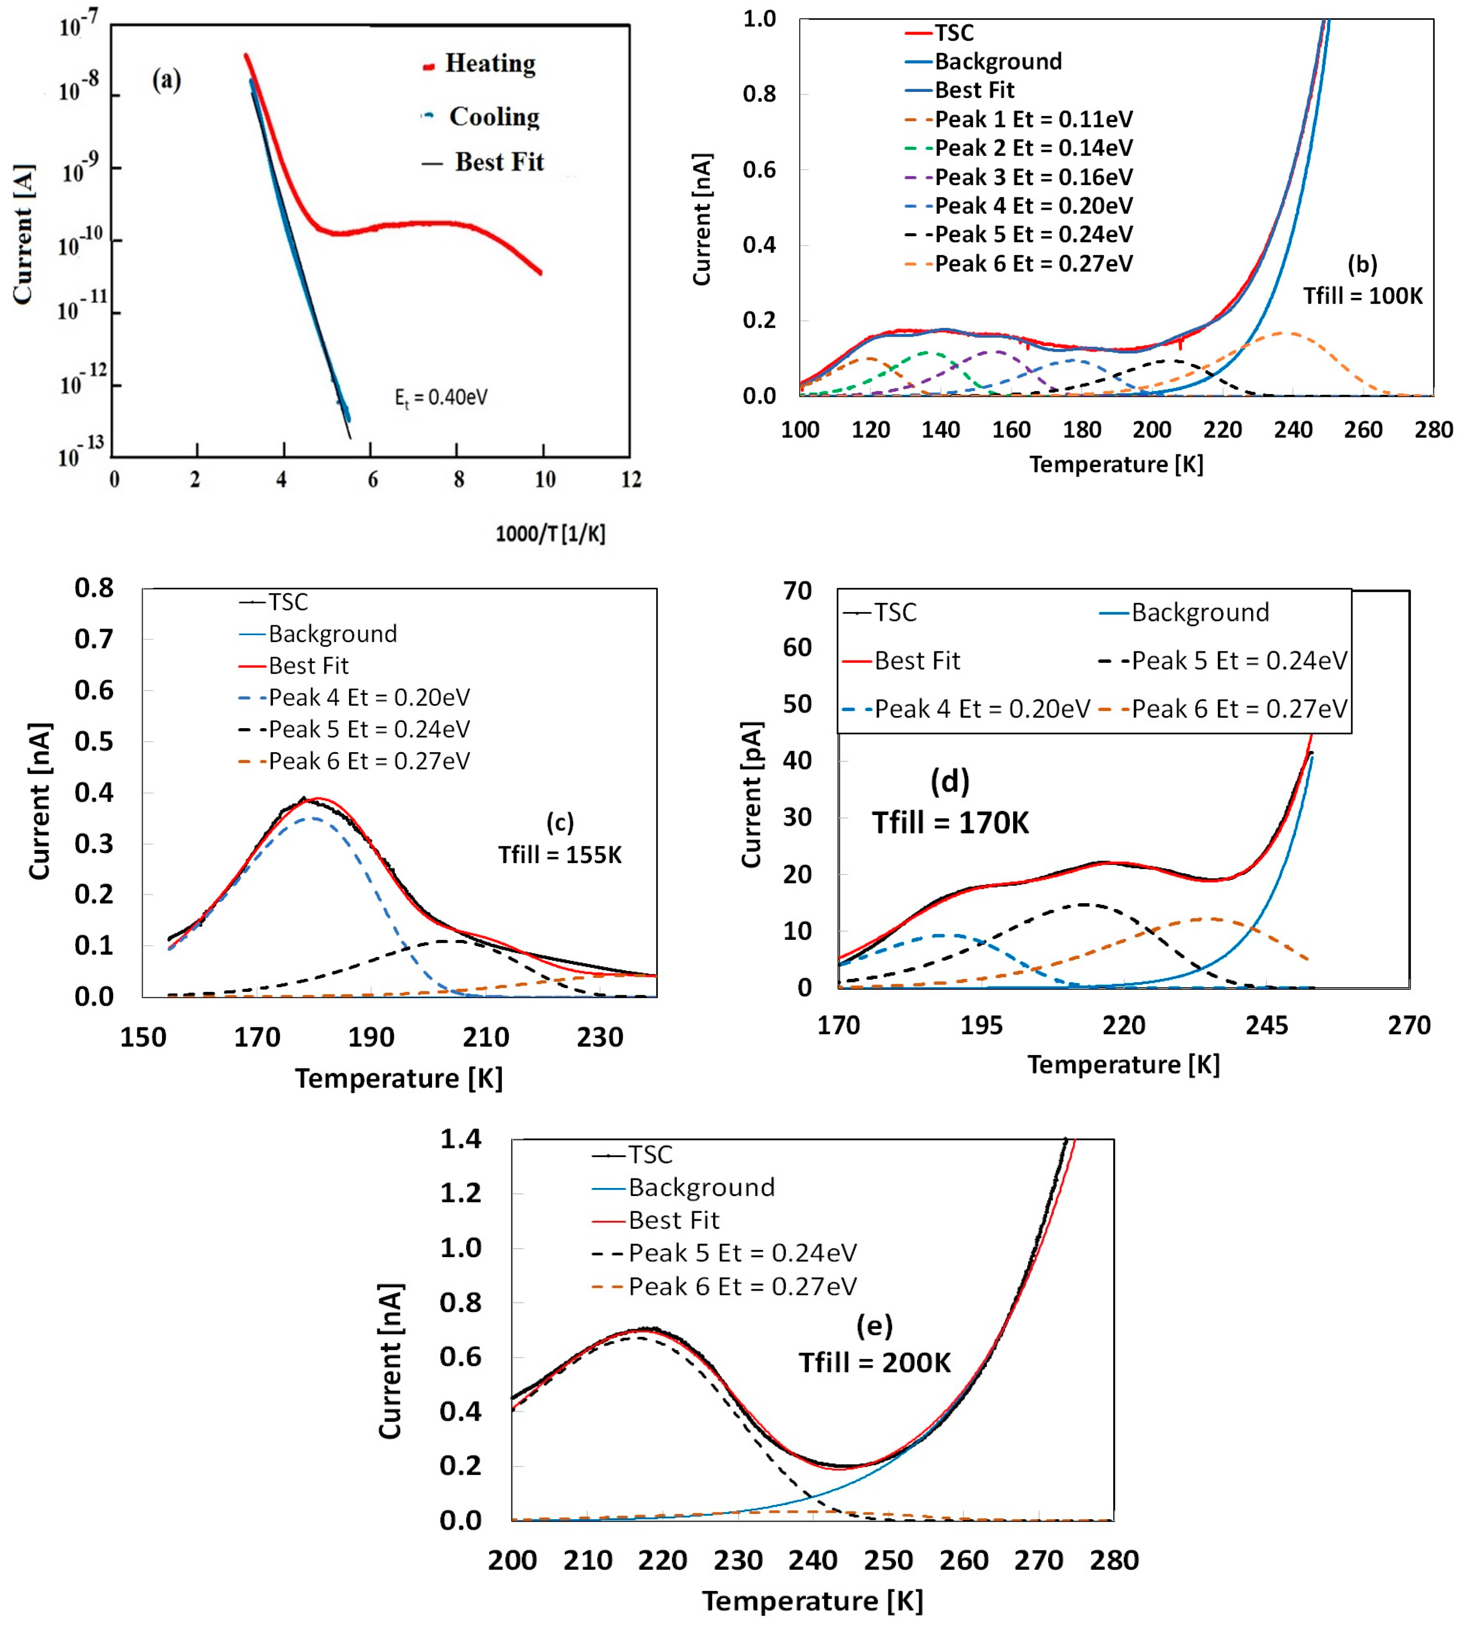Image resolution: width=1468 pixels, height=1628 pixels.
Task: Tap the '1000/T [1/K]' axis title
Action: coord(550,533)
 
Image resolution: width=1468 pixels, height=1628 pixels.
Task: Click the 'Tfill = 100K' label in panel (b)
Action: coord(1363,296)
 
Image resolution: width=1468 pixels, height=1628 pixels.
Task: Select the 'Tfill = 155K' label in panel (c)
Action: coord(560,855)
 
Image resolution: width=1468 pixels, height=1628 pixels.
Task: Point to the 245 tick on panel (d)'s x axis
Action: coord(1266,1026)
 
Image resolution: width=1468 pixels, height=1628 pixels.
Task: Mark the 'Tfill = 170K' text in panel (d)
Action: coord(950,823)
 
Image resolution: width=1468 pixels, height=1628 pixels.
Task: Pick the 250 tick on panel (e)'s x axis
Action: coord(888,1560)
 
